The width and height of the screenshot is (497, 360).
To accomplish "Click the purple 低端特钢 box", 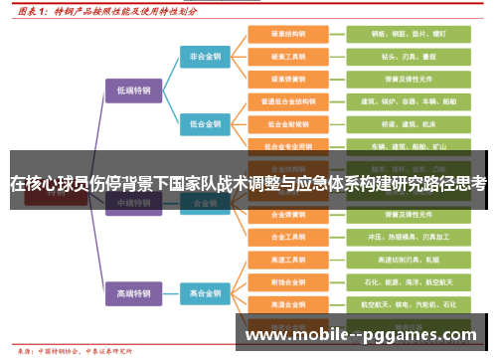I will point(132,89).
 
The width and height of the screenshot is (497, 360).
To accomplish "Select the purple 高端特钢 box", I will point(132,293).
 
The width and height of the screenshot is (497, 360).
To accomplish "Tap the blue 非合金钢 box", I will point(207,56).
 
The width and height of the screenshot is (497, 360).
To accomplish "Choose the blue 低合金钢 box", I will point(207,123).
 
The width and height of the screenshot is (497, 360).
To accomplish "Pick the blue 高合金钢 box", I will point(207,293).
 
